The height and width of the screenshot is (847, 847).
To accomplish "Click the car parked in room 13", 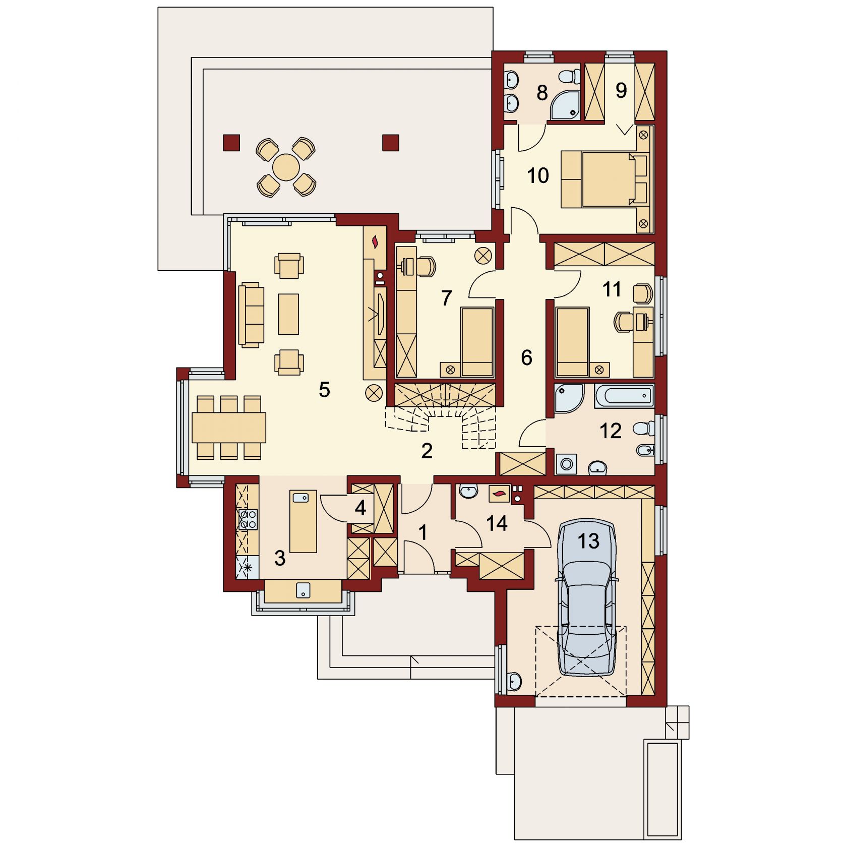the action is (587, 598).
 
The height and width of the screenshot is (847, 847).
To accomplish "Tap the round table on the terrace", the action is (286, 166).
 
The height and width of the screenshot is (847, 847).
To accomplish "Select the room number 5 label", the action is (324, 390).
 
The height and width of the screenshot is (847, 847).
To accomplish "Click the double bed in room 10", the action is (604, 179).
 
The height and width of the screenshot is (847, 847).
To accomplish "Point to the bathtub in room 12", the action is (624, 396).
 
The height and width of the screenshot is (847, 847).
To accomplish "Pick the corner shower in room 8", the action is (567, 105).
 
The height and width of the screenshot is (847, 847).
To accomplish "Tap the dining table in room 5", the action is (228, 428).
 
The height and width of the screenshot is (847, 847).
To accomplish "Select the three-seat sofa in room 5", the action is (252, 315).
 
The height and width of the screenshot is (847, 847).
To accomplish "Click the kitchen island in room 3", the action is (304, 521).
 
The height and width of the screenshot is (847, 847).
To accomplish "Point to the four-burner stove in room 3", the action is (248, 519).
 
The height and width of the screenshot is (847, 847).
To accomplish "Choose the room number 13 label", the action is (588, 541).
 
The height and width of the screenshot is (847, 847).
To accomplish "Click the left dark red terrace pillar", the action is (231, 143).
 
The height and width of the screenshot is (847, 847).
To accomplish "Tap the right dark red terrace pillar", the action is (391, 143).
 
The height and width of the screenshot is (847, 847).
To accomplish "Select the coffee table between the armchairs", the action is (288, 314).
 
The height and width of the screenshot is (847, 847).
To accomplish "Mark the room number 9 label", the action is (621, 90).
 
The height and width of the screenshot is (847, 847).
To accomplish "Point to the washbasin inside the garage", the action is (514, 681).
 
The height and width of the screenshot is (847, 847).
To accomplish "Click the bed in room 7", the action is (477, 342).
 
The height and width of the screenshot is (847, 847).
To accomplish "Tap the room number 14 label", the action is (497, 523).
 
